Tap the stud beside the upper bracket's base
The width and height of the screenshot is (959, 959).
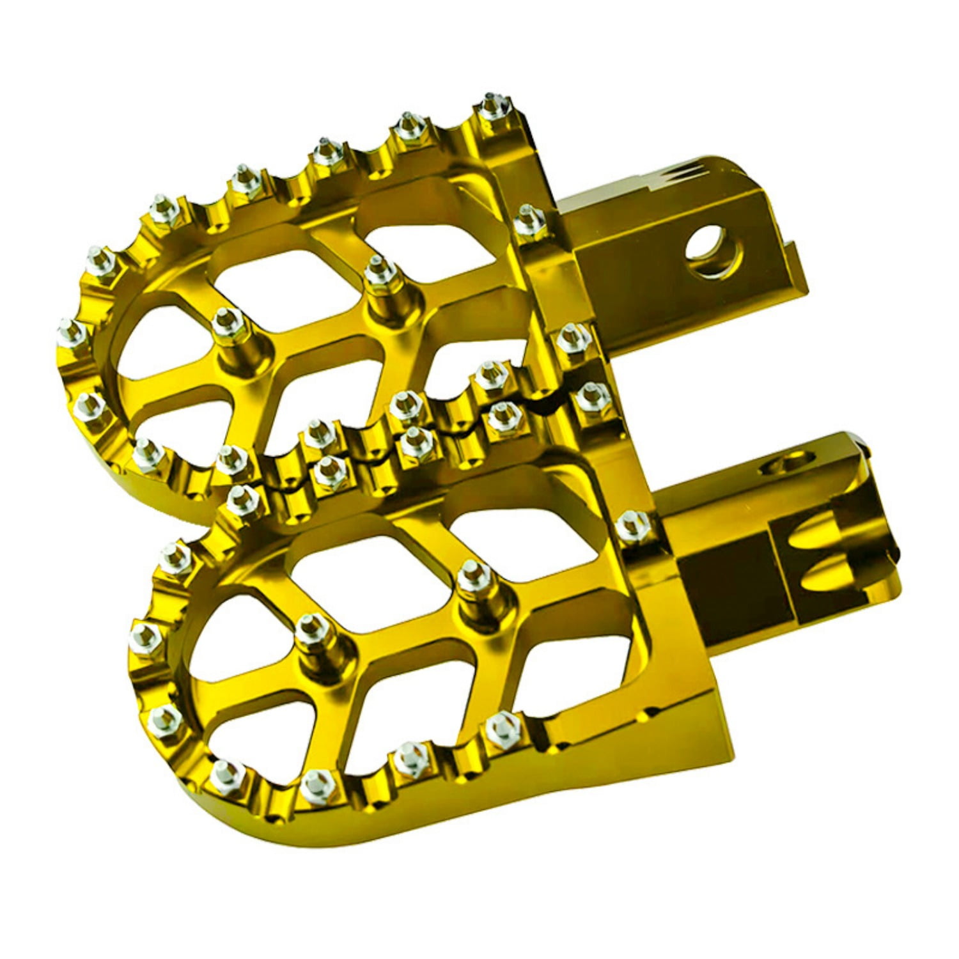527,221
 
